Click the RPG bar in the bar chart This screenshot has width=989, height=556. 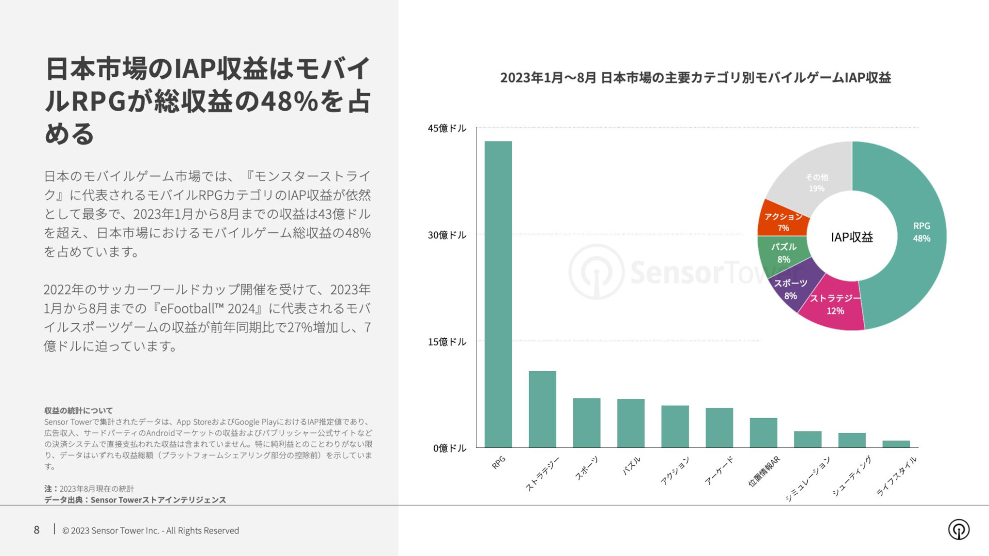pyautogui.click(x=498, y=294)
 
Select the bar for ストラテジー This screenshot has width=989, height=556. pyautogui.click(x=542, y=409)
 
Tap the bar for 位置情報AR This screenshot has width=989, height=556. pyautogui.click(x=763, y=432)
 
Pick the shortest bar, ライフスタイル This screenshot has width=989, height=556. pyautogui.click(x=896, y=444)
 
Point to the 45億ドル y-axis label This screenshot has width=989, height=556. pyautogui.click(x=447, y=128)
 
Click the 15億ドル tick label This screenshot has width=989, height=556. pyautogui.click(x=447, y=342)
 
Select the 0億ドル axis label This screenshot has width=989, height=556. pyautogui.click(x=449, y=448)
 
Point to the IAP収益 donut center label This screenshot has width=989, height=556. pyautogui.click(x=851, y=237)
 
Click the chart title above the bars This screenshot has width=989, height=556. pyautogui.click(x=695, y=78)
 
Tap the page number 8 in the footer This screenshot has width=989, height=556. pyautogui.click(x=37, y=530)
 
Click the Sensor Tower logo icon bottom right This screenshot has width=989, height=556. pyautogui.click(x=959, y=529)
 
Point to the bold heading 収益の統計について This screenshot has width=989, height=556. pyautogui.click(x=78, y=410)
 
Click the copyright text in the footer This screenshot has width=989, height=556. pyautogui.click(x=150, y=530)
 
